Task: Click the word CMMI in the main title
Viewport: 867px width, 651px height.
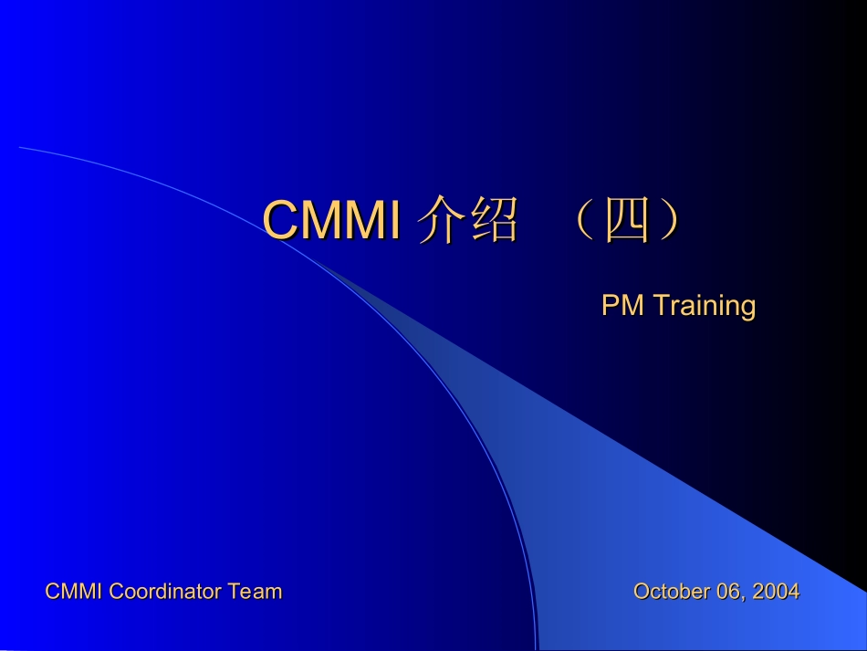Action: tap(332, 221)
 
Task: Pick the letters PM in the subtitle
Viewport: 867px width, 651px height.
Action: tap(622, 305)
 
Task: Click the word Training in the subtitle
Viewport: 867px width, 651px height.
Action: tap(704, 306)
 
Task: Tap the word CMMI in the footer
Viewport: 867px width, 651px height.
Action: tap(75, 592)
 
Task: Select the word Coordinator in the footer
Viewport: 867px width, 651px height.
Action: tap(166, 592)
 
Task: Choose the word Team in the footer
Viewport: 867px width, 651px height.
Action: tap(256, 592)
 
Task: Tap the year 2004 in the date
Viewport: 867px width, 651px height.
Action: tap(777, 592)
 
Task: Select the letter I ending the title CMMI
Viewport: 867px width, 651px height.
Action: tap(395, 221)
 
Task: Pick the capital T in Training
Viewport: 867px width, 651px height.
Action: tap(658, 305)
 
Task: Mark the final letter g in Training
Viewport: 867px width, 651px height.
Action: tap(748, 308)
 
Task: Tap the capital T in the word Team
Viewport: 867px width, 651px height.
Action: tap(234, 592)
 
